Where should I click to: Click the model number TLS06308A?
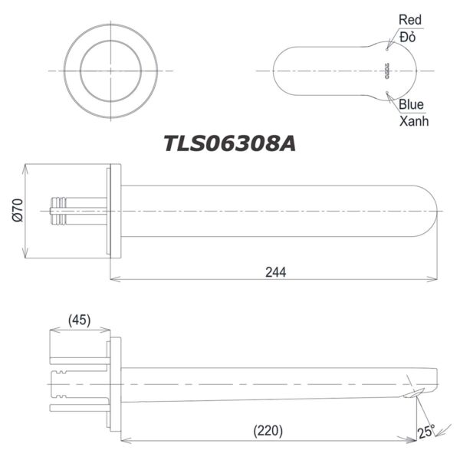(229, 143)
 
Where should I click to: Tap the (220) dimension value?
(268, 432)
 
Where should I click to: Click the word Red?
(409, 19)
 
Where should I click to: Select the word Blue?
(411, 105)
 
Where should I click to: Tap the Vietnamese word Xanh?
(414, 121)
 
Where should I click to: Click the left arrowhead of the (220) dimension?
(125, 440)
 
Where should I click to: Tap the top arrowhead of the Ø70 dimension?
(27, 167)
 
